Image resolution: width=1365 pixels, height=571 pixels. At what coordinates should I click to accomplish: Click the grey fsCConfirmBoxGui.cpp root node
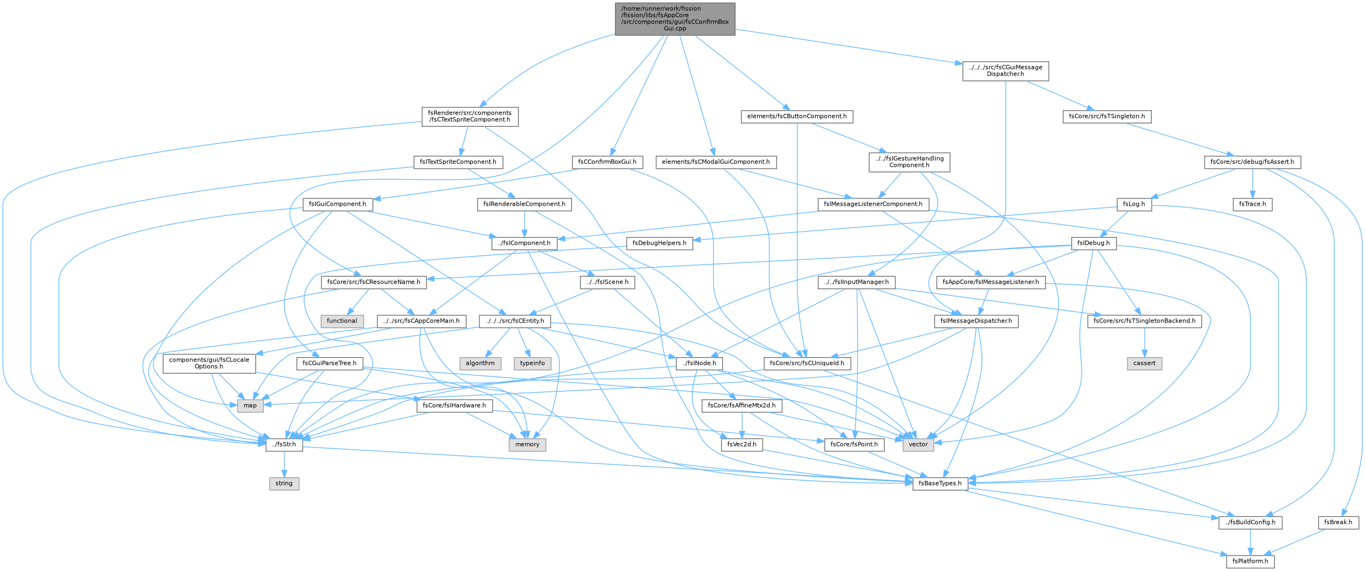click(675, 19)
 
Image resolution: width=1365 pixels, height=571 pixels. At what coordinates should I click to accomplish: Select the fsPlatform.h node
click(1250, 561)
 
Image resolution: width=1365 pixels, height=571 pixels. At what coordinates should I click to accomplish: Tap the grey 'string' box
click(284, 483)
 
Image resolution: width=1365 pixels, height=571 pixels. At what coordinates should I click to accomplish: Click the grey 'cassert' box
click(1145, 363)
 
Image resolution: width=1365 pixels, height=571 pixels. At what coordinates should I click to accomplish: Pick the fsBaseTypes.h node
click(940, 483)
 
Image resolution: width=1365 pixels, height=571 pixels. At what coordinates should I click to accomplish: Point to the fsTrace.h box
click(1253, 204)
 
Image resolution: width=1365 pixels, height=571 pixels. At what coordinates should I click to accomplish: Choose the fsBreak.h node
click(1338, 522)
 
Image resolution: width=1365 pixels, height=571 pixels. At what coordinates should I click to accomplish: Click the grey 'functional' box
click(342, 321)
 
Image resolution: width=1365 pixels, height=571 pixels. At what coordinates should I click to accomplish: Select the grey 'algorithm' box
click(480, 363)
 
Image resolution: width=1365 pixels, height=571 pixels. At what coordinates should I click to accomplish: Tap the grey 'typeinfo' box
click(532, 363)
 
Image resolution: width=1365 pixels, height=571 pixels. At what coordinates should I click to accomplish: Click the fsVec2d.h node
click(742, 444)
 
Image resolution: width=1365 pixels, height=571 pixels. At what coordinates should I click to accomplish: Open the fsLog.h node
click(1134, 204)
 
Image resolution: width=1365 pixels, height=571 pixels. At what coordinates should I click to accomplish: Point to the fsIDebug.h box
click(1094, 243)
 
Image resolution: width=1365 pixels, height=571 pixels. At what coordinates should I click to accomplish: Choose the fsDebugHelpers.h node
click(660, 243)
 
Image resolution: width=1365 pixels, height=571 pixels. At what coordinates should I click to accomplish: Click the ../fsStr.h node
click(284, 444)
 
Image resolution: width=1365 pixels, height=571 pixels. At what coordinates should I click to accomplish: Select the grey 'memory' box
click(527, 444)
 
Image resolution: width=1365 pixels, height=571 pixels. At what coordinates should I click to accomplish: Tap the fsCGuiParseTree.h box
click(330, 363)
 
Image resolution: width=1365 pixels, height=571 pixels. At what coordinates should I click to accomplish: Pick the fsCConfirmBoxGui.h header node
click(607, 162)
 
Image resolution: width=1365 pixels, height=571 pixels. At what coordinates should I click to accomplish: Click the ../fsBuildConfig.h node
click(1250, 522)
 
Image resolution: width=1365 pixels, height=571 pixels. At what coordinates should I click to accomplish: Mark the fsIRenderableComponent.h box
click(524, 204)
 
